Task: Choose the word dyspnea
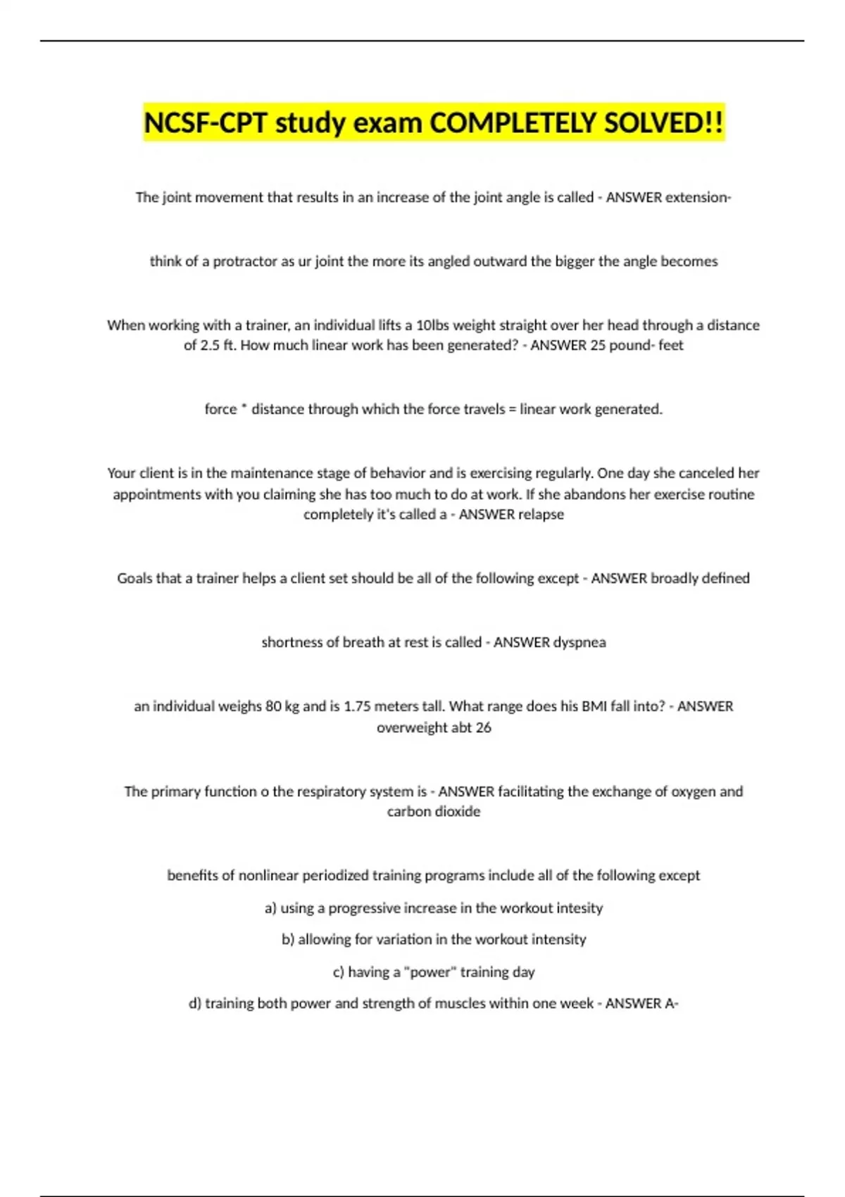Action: tap(580, 642)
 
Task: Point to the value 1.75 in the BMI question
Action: tap(357, 706)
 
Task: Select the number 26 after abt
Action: tap(483, 727)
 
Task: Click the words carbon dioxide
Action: tap(434, 811)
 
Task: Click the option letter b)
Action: tap(288, 939)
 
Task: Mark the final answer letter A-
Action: tap(671, 1003)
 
